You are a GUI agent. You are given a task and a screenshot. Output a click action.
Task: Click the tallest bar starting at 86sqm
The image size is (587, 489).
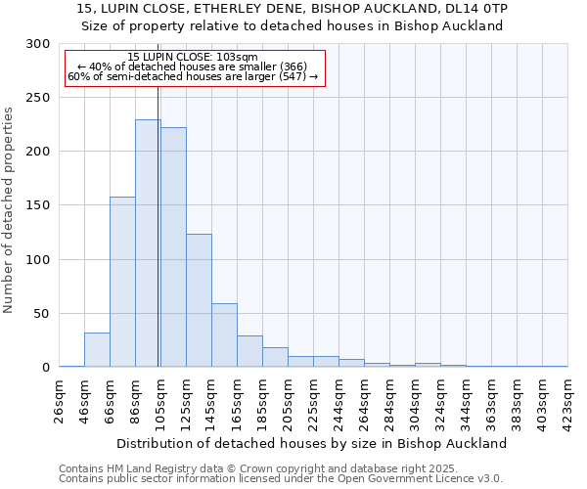pyautogui.click(x=148, y=244)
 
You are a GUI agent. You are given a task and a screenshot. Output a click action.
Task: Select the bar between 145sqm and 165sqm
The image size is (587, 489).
pyautogui.click(x=224, y=335)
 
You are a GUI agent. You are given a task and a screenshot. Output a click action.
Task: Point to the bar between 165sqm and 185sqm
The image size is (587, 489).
pyautogui.click(x=249, y=351)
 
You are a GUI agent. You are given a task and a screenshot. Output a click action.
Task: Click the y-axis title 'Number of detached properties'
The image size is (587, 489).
pyautogui.click(x=9, y=210)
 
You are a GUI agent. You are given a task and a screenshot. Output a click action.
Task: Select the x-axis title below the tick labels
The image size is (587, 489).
pyautogui.click(x=312, y=443)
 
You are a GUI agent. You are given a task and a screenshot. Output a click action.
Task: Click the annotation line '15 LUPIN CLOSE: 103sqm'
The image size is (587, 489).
pyautogui.click(x=193, y=58)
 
